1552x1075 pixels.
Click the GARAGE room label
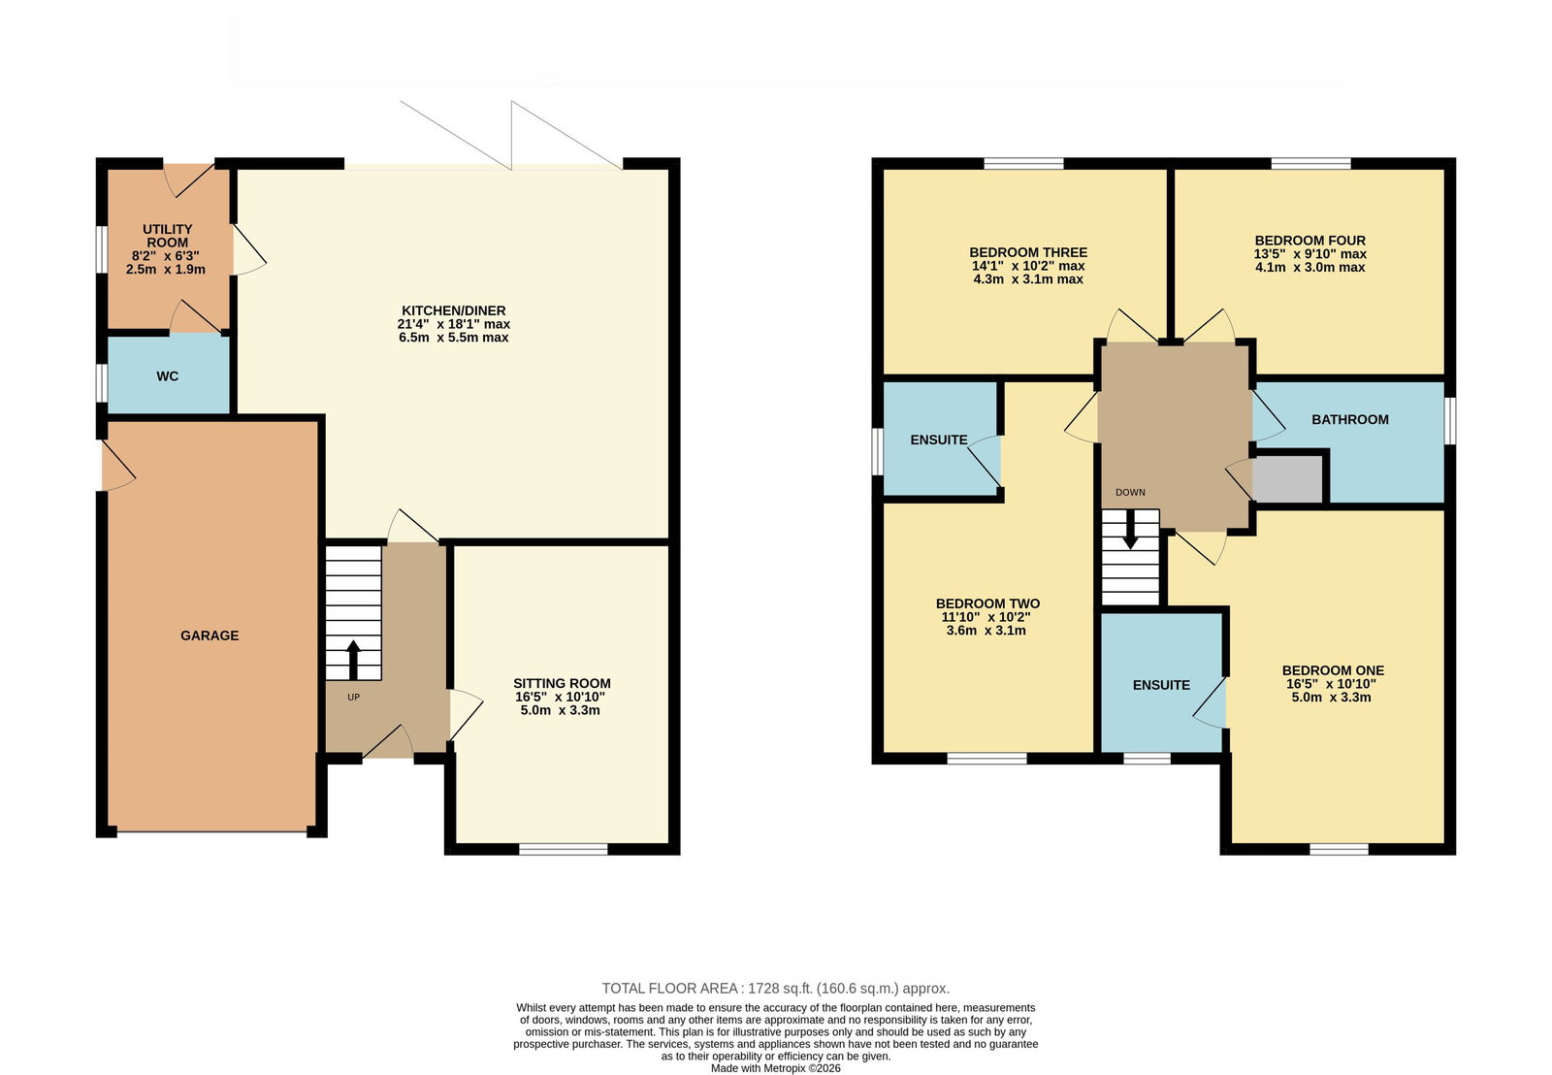point(210,635)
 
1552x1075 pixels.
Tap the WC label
point(168,376)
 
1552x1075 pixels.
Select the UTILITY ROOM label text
point(167,236)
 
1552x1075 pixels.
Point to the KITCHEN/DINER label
point(454,310)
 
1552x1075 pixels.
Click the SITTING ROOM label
point(562,683)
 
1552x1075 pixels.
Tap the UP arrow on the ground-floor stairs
point(353,660)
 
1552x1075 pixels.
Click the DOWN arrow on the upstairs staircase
point(1130,530)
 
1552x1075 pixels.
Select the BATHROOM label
point(1349,419)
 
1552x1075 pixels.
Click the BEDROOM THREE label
point(1028,252)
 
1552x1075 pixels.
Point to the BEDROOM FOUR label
point(1310,241)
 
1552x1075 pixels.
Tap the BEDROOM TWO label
point(987,603)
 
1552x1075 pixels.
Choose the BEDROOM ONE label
point(1333,670)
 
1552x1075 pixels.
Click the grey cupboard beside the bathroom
point(1287,479)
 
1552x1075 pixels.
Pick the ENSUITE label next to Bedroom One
point(1161,685)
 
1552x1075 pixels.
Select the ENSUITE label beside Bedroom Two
point(939,440)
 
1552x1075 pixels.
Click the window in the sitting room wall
point(564,849)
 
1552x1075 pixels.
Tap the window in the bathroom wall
point(1449,421)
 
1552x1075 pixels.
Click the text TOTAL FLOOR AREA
point(669,989)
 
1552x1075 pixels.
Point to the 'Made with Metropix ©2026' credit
point(775,1068)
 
